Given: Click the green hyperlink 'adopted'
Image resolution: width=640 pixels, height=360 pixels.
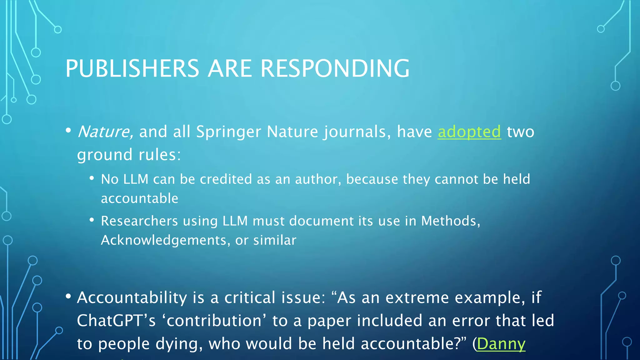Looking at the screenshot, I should click(x=469, y=132).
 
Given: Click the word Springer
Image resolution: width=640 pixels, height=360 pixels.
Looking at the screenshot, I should click(x=228, y=132).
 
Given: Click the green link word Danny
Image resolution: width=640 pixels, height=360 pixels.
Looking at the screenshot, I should click(x=501, y=344).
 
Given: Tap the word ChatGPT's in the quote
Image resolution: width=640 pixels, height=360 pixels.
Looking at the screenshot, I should click(x=116, y=321).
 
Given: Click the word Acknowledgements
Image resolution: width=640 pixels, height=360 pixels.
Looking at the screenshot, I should click(x=163, y=240).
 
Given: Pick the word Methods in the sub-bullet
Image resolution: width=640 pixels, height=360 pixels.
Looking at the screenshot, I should click(x=449, y=221).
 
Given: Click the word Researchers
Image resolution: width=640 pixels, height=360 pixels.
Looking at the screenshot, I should click(x=139, y=221).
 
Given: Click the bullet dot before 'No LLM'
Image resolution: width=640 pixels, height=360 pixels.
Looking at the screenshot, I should click(x=92, y=178).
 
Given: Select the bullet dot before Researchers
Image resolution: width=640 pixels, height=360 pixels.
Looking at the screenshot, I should click(x=92, y=220).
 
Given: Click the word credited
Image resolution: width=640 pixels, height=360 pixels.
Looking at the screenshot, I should click(x=226, y=179).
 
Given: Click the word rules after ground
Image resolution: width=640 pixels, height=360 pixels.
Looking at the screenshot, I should click(x=159, y=155).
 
